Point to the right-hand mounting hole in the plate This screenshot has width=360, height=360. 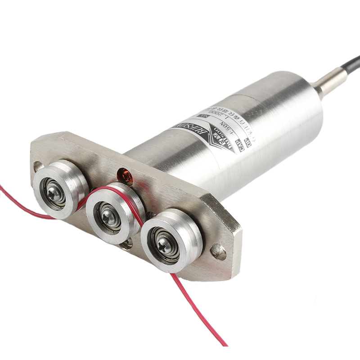click(219, 252)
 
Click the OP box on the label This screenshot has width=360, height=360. click(248, 142)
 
